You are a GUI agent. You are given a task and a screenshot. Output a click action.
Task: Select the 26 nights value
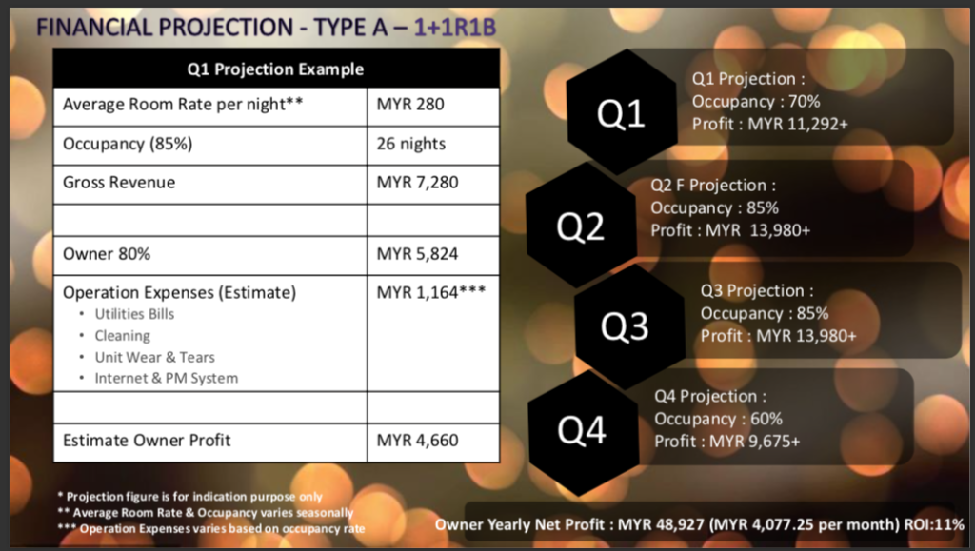(411, 144)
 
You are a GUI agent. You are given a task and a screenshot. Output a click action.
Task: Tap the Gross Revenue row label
(119, 183)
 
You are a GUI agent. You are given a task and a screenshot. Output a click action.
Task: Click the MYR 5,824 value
(417, 253)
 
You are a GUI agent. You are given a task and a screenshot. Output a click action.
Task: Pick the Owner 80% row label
(107, 253)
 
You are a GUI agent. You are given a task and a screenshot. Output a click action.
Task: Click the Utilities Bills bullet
(134, 314)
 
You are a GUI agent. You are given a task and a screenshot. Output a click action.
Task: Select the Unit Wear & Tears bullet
(155, 357)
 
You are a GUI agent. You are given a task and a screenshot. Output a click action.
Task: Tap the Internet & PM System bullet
(166, 379)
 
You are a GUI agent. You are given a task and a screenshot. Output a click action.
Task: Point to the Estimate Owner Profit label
(147, 441)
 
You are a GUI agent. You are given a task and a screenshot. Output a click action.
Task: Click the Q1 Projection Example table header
(275, 69)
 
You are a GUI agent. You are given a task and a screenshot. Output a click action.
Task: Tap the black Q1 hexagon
(622, 111)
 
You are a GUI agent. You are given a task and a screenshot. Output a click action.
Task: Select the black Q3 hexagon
(629, 326)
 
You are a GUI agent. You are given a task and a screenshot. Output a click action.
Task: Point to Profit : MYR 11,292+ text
(769, 125)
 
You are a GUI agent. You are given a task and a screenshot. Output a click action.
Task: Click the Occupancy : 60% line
(718, 419)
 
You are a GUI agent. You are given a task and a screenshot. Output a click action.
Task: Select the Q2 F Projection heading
(713, 186)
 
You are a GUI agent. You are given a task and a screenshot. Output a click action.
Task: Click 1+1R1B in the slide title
(454, 28)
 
